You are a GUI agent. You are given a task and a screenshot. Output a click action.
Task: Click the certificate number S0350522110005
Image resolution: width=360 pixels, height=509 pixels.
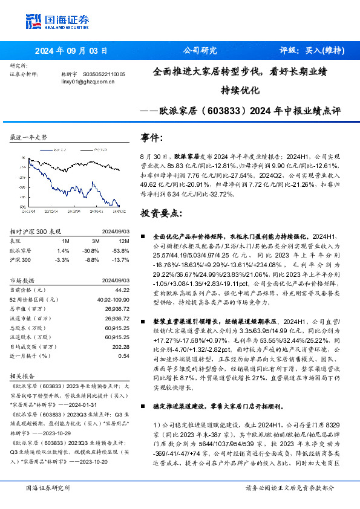tap(104, 74)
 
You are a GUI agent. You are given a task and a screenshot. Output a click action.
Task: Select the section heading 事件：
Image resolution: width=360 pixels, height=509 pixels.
tap(151, 137)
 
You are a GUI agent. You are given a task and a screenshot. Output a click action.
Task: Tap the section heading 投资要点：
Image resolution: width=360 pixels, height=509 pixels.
tap(160, 213)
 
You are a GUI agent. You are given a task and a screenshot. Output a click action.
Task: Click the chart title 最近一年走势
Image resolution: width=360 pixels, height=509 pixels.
tap(28, 138)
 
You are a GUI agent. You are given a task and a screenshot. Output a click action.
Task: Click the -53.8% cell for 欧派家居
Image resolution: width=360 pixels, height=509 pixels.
tap(120, 250)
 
